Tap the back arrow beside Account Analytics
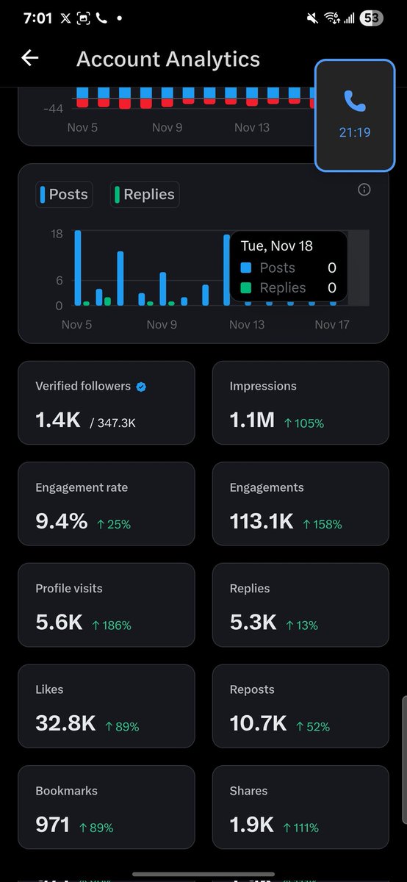[x=29, y=58]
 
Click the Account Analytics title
[x=168, y=60]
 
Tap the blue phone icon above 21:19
[x=355, y=101]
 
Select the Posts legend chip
[x=65, y=195]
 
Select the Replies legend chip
[x=145, y=195]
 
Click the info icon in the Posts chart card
[x=364, y=190]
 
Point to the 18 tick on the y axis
[x=57, y=234]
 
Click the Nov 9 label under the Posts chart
[x=162, y=324]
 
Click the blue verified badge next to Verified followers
[x=141, y=387]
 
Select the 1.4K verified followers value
[x=58, y=420]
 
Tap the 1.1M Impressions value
[x=252, y=420]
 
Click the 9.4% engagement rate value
[x=61, y=522]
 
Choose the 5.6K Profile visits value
[x=59, y=623]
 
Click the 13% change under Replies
[x=302, y=625]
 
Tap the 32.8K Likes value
[x=65, y=724]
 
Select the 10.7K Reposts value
[x=258, y=724]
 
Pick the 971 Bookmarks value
[x=52, y=825]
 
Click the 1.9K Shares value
[x=252, y=825]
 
